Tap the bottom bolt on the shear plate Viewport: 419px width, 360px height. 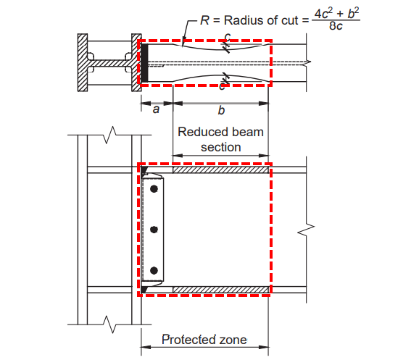tap(154, 271)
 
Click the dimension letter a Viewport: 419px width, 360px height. tap(155, 110)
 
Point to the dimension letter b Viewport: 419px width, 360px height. tap(220, 110)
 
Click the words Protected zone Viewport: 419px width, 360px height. tap(204, 339)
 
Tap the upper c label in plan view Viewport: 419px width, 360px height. tap(226, 37)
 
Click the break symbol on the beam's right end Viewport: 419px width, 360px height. tap(307, 230)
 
